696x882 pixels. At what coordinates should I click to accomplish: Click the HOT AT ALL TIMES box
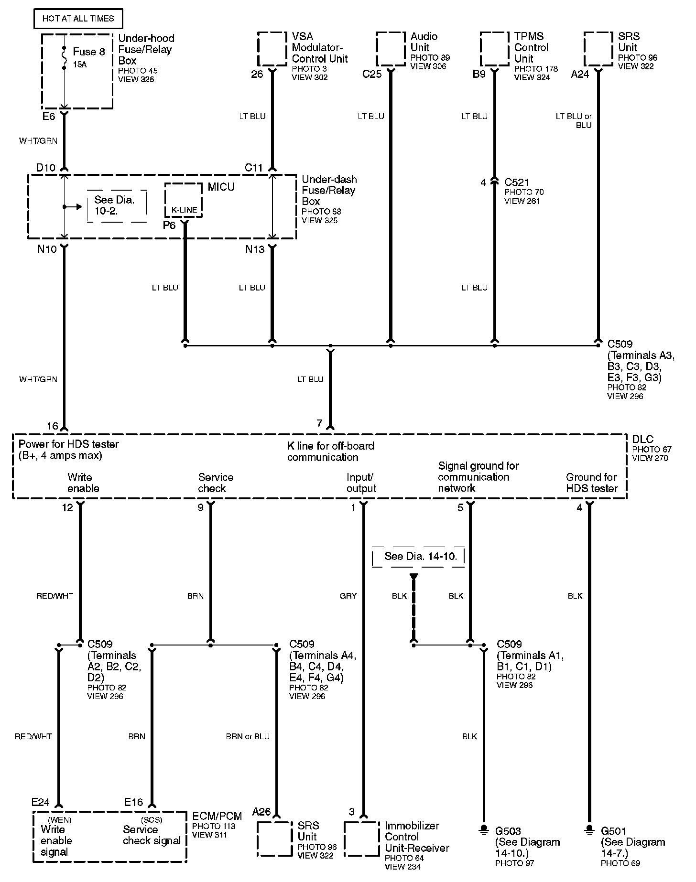[78, 19]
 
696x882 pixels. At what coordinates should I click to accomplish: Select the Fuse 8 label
[88, 52]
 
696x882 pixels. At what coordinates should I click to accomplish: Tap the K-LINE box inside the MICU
[184, 209]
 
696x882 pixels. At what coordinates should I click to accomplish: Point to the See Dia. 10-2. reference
[114, 205]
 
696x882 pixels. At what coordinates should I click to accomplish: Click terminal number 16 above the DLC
[53, 426]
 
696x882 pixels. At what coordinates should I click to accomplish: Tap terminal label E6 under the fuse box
[49, 116]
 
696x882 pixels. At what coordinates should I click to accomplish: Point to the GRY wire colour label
[348, 596]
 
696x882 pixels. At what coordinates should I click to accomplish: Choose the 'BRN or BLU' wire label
[248, 736]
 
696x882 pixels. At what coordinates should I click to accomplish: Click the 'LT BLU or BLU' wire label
[574, 120]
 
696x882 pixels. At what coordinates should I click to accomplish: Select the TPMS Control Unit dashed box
[494, 48]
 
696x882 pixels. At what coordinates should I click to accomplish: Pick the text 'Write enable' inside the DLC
[83, 483]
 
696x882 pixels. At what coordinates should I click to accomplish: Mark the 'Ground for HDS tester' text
[592, 483]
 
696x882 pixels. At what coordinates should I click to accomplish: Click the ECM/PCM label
[217, 816]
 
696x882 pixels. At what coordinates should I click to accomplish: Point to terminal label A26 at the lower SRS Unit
[261, 811]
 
